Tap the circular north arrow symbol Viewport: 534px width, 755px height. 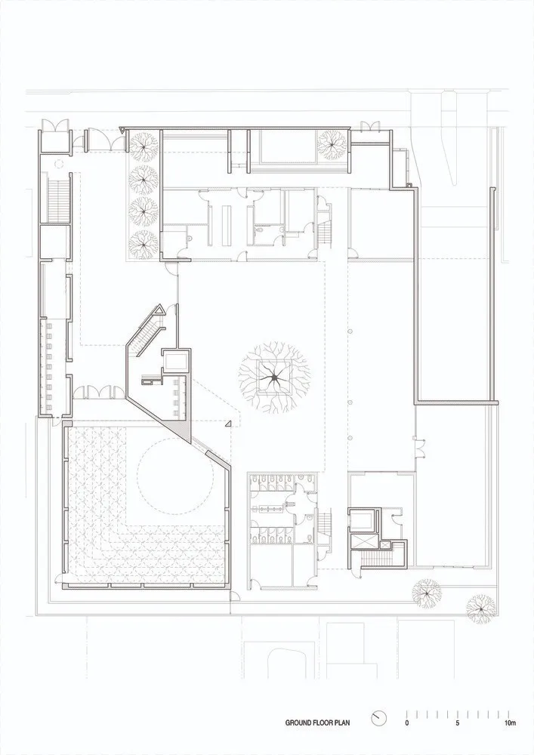click(x=380, y=716)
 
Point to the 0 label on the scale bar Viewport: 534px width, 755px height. click(x=406, y=723)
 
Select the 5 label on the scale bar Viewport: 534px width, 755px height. click(x=457, y=723)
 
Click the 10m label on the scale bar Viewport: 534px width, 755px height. click(x=510, y=723)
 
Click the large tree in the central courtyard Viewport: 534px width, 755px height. click(x=273, y=375)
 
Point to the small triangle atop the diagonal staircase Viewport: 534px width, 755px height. click(x=159, y=311)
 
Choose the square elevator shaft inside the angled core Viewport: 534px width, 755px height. click(x=174, y=361)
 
